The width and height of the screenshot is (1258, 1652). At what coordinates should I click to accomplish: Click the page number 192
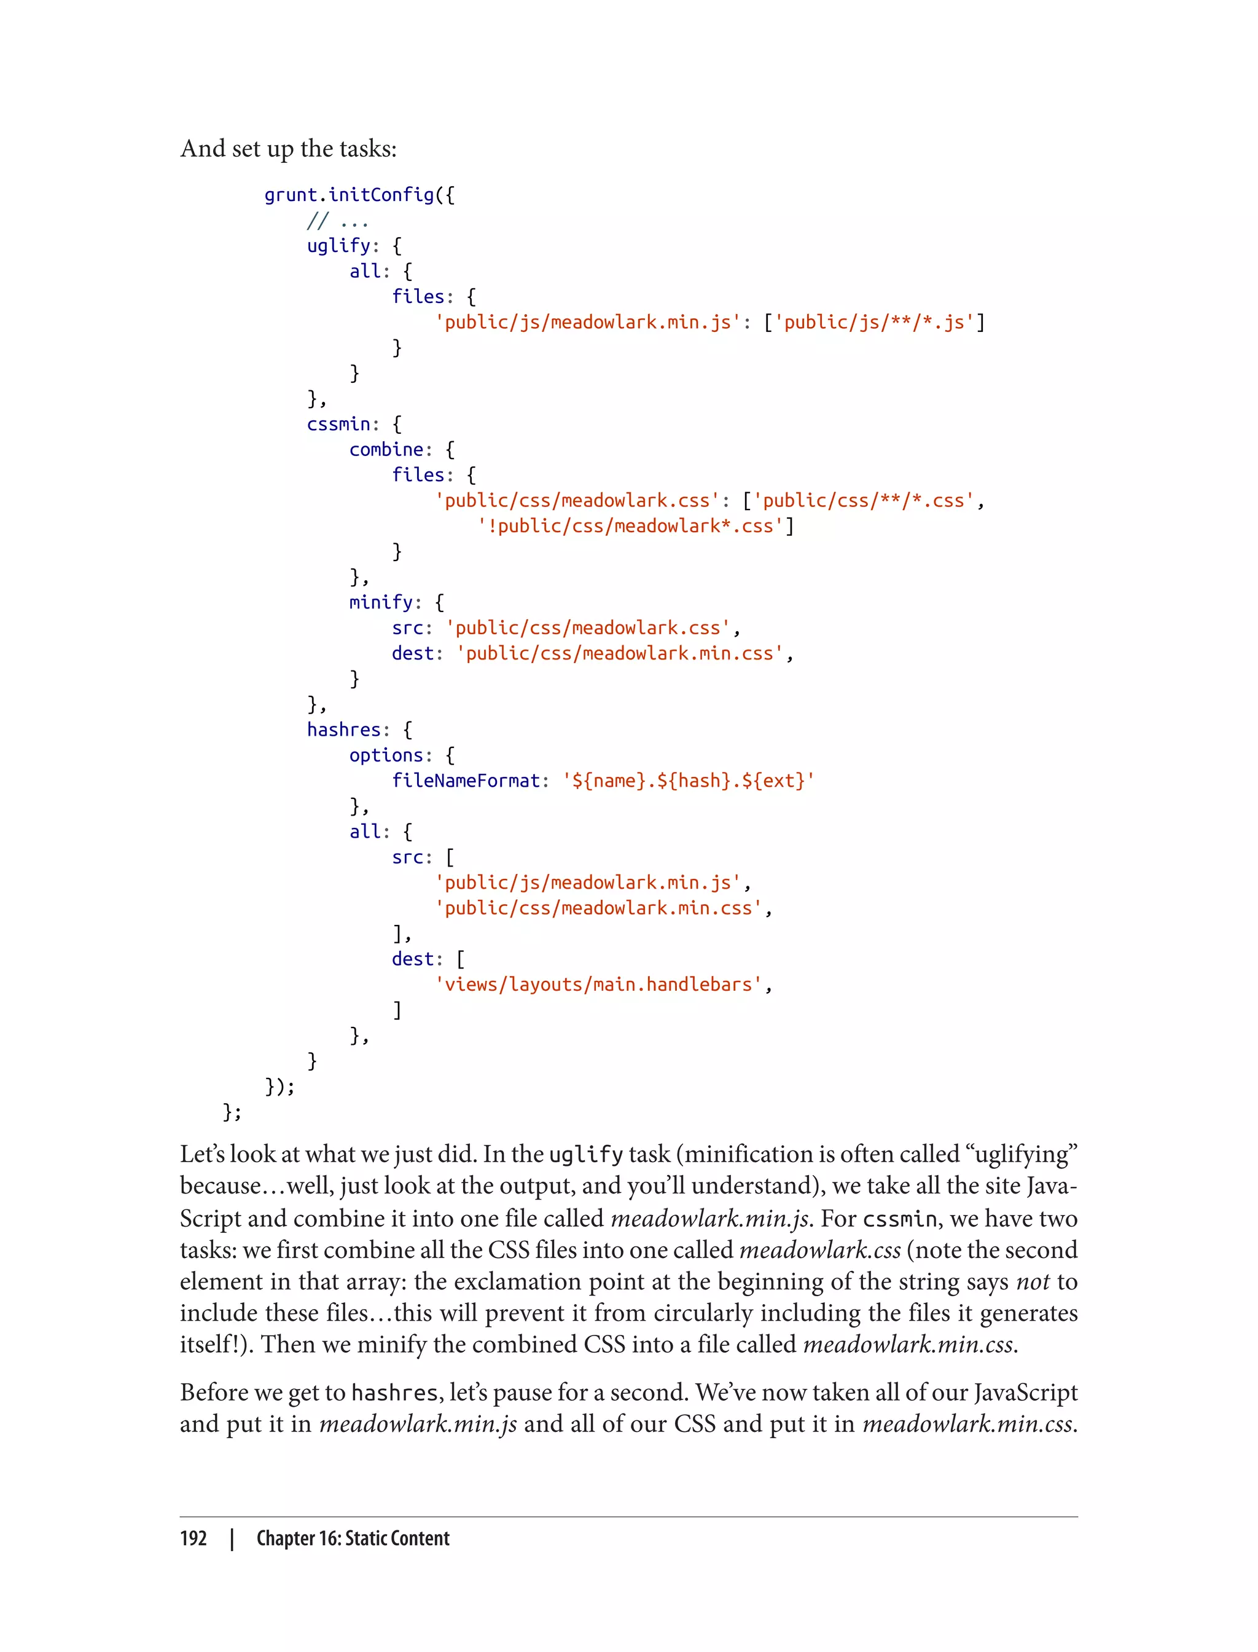coord(193,1538)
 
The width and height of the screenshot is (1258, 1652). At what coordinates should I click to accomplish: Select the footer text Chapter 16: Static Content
coord(353,1538)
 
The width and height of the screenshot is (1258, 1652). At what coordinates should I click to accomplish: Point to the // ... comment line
coord(337,221)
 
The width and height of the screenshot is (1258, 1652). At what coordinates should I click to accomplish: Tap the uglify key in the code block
coord(338,246)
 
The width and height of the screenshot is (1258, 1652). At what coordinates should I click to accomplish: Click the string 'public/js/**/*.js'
coord(874,322)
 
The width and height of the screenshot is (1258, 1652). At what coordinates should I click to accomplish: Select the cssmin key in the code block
coord(338,424)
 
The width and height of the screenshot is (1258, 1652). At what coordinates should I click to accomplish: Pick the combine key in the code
coord(386,449)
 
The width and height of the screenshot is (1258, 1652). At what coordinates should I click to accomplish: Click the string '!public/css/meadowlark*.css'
coord(630,526)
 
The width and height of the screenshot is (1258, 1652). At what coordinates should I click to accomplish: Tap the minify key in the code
coord(381,602)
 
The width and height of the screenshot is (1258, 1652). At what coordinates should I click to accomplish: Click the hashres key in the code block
coord(344,730)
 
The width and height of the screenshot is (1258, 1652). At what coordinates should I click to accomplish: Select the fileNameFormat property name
coord(466,781)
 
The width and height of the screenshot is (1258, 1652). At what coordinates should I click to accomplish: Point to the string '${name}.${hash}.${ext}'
coord(688,781)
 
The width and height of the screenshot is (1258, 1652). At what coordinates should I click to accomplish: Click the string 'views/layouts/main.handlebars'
coord(598,985)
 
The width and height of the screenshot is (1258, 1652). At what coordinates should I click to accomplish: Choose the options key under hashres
coord(386,755)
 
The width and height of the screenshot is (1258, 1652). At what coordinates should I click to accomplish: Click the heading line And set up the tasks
coord(288,149)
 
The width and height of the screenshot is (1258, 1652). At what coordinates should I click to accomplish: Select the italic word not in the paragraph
coord(1033,1282)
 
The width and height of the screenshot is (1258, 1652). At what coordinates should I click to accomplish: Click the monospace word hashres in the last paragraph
coord(394,1393)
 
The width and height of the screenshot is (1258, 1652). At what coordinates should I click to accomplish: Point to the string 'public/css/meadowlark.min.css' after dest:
coord(619,653)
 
